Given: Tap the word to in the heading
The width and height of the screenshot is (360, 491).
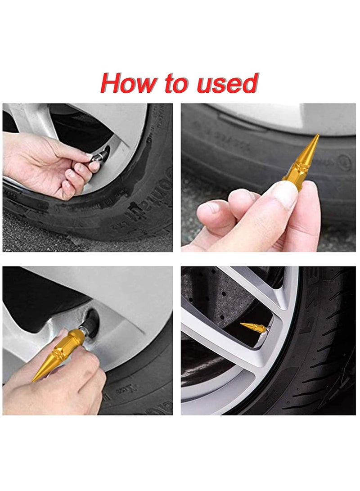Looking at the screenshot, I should click(x=174, y=84).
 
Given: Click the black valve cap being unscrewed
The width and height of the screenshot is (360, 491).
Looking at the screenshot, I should click(x=101, y=156).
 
